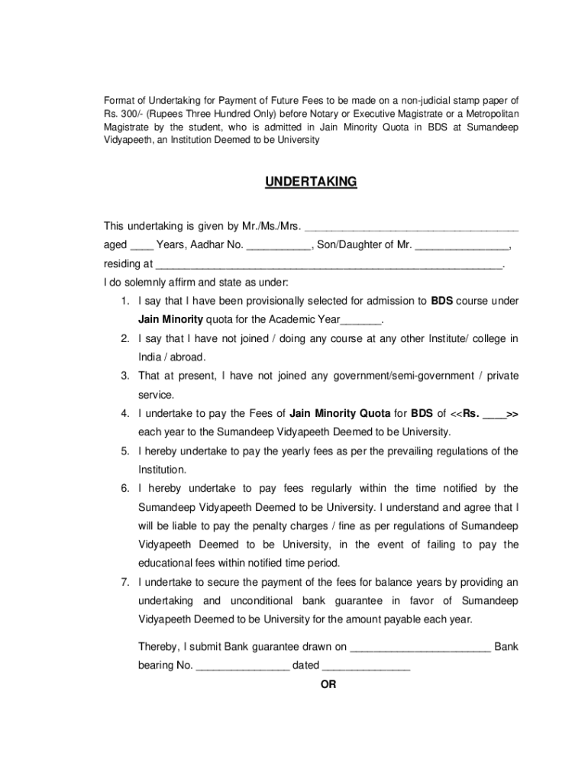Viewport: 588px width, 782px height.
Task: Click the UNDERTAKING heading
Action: tap(311, 182)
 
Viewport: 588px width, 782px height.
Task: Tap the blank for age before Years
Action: tap(141, 247)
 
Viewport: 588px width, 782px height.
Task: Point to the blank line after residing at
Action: tap(329, 266)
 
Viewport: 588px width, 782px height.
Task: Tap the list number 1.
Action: tap(124, 301)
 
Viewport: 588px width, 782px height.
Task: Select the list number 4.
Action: tap(124, 413)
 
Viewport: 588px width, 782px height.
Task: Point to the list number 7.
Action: tap(124, 582)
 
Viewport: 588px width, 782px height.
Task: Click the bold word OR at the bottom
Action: tap(328, 684)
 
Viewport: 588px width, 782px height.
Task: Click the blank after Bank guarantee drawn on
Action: tap(420, 648)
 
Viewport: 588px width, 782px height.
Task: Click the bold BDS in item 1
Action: tap(443, 301)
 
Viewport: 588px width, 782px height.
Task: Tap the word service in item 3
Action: tap(156, 395)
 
